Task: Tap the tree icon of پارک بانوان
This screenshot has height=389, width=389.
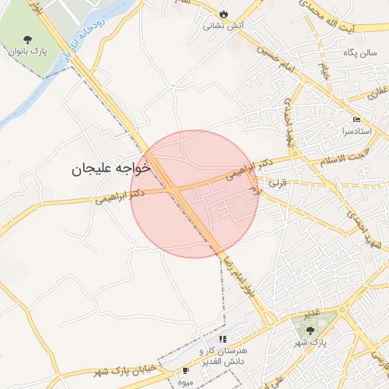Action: coord(28,40)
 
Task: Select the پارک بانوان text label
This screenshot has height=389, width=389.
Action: coord(28,53)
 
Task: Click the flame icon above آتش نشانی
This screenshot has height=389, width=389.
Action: coord(223,14)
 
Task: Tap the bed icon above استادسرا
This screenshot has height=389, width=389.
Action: coord(357,120)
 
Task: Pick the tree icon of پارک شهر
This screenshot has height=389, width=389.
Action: coord(310,330)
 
